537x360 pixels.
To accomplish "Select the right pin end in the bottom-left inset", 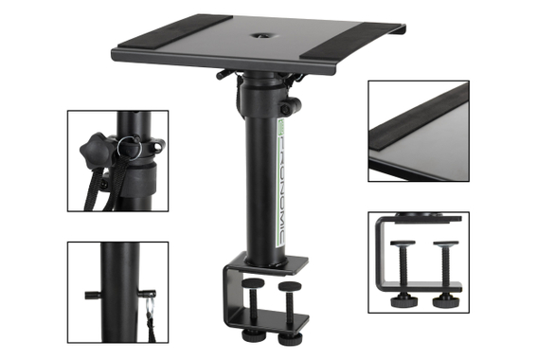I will point(148,295).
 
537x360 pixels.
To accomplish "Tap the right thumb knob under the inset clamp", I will point(443,302).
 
